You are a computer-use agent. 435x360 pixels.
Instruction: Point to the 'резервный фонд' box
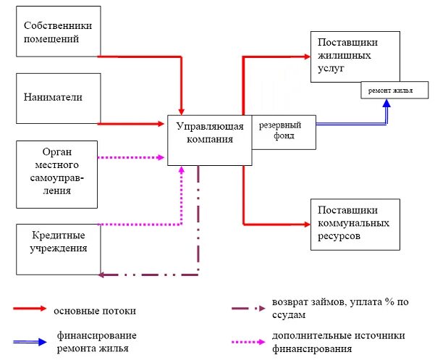pyautogui.click(x=283, y=131)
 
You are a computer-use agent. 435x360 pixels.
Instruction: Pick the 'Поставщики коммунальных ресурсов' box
pyautogui.click(x=355, y=224)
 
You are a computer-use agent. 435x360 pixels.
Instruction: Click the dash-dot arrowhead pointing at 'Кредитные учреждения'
pyautogui.click(x=102, y=275)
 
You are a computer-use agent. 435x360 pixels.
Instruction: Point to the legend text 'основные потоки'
pyautogui.click(x=94, y=310)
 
